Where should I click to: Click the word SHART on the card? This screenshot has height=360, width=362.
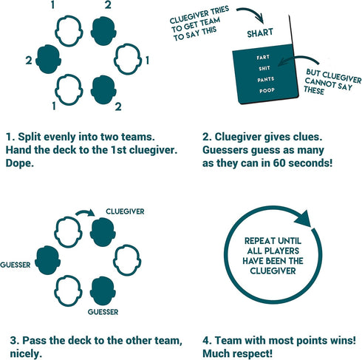tap(260, 33)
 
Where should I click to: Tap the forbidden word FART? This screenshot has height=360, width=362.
tap(263, 57)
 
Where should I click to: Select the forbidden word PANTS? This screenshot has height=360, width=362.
tap(266, 79)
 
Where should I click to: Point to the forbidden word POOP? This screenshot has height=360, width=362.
tap(267, 90)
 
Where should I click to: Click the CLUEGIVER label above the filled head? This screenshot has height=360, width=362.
tap(125, 211)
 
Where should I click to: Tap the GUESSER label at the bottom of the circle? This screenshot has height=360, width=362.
tap(103, 312)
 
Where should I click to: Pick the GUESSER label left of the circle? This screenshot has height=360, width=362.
tap(16, 265)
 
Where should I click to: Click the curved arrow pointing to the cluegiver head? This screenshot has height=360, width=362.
tap(85, 212)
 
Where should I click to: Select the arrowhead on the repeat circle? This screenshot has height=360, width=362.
tap(303, 219)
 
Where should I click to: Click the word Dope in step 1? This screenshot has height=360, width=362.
tap(19, 163)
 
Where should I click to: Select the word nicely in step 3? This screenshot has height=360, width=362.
tap(26, 354)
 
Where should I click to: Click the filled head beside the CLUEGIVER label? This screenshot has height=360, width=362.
tap(103, 232)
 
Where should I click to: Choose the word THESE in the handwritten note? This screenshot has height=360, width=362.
tap(314, 89)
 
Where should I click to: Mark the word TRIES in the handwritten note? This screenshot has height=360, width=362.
tap(218, 10)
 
